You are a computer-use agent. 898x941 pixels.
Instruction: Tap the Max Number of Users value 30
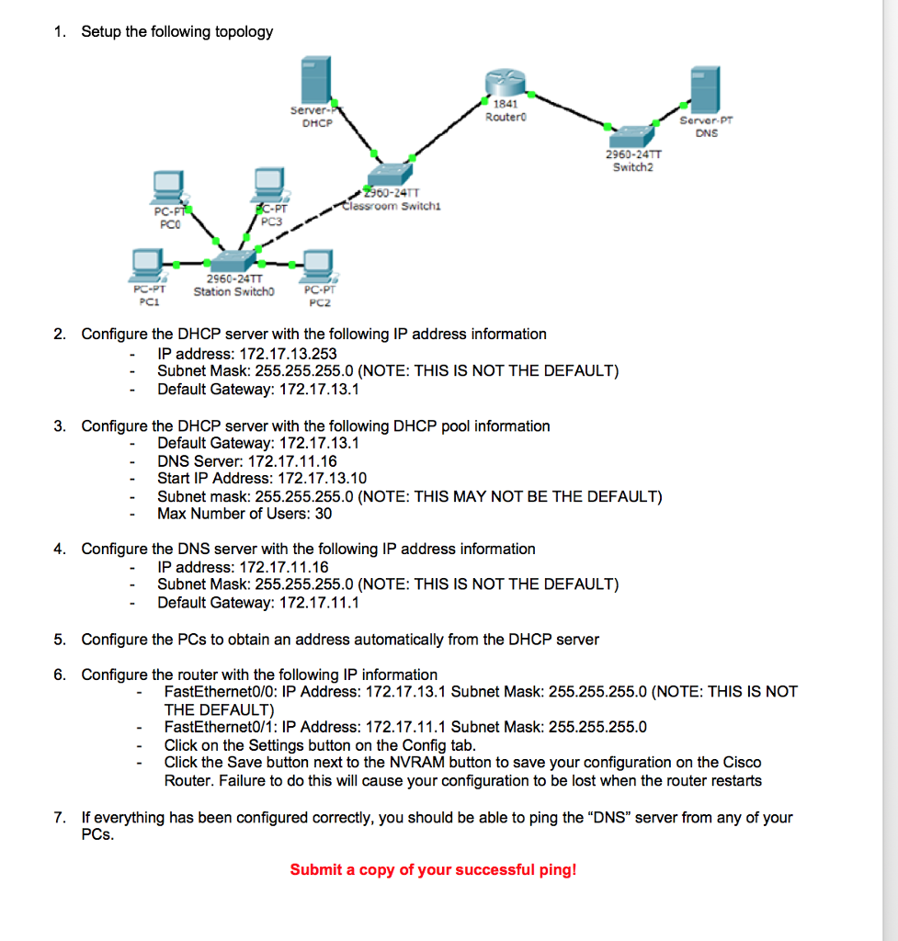tap(324, 514)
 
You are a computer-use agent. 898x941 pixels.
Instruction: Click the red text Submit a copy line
tap(433, 869)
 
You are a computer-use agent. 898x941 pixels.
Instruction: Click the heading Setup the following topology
tap(177, 32)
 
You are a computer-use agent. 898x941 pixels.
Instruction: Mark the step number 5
tap(59, 640)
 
